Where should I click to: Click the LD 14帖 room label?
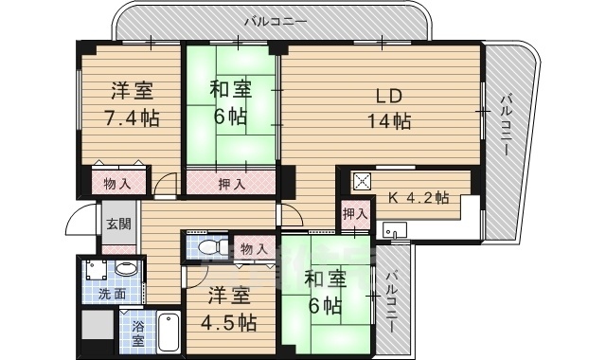pos(388,109)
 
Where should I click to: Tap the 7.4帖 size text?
pos(132,118)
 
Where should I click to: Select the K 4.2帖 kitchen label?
pos(419,199)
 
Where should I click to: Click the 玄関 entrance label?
pos(118,225)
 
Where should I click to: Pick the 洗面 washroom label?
pos(112,294)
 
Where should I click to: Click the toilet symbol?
pos(213,247)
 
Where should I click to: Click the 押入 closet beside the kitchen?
pos(354,214)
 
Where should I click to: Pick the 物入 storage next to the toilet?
pos(254,248)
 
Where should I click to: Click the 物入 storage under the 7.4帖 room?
pos(118,182)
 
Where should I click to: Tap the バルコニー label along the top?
pos(275,19)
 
